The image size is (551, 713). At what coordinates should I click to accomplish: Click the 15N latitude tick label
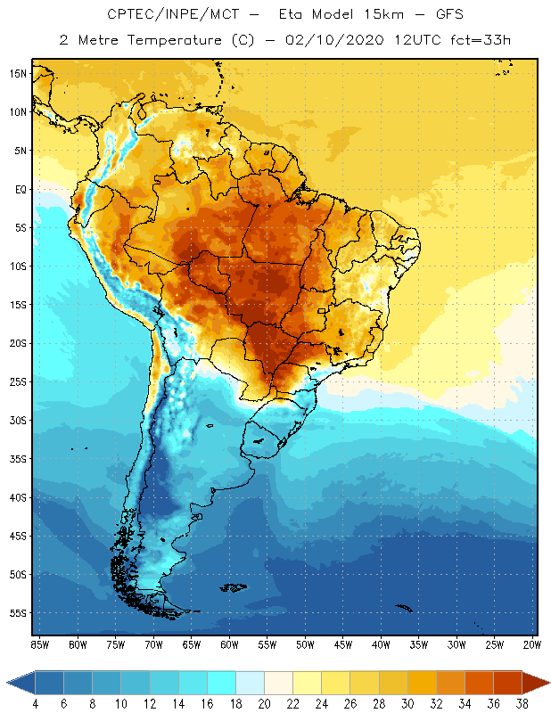click(19, 73)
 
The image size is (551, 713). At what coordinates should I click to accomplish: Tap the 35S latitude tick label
click(19, 458)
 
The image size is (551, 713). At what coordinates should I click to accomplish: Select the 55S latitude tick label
click(19, 612)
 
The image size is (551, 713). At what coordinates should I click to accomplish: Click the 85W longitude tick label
click(39, 643)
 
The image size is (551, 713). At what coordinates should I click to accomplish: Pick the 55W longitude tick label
click(267, 643)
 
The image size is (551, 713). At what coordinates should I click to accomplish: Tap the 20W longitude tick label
click(531, 643)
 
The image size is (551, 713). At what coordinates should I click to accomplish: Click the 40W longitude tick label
click(381, 643)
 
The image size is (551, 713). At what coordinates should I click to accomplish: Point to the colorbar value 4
click(35, 704)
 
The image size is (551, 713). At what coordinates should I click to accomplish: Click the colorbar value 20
click(264, 704)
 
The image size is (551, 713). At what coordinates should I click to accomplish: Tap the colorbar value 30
click(407, 704)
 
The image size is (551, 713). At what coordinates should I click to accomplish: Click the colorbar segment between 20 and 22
click(278, 683)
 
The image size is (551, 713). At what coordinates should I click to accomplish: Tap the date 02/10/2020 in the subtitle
click(328, 40)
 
